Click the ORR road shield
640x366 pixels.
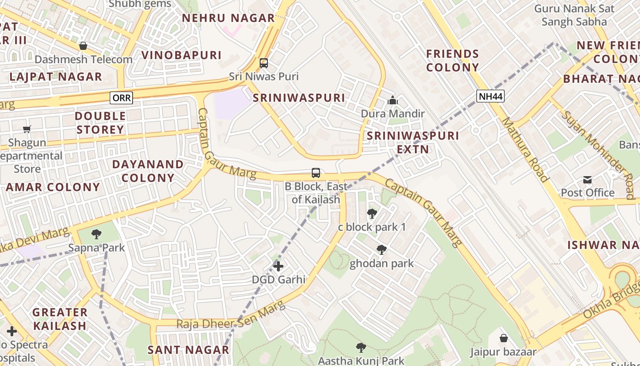[x=121, y=97]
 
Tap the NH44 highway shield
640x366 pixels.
[x=490, y=96]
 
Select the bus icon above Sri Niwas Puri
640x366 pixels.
[x=264, y=63]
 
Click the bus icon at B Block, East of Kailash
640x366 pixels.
[x=316, y=173]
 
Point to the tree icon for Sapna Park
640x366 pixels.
[x=96, y=235]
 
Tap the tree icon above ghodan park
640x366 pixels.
[x=381, y=250]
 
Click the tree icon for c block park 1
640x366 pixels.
[x=372, y=214]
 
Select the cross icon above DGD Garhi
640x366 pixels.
[x=278, y=266]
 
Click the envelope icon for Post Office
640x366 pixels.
[x=587, y=180]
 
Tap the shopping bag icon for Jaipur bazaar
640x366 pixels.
[x=503, y=338]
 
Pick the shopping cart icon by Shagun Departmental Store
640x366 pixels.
[x=27, y=129]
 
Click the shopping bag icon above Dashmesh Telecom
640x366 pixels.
[x=83, y=46]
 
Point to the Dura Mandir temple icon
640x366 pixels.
[x=393, y=100]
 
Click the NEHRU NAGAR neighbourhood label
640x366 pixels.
[x=229, y=18]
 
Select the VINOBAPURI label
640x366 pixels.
[x=181, y=55]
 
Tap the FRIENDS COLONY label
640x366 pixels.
[x=453, y=60]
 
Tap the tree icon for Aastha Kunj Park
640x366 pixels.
[x=361, y=347]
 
